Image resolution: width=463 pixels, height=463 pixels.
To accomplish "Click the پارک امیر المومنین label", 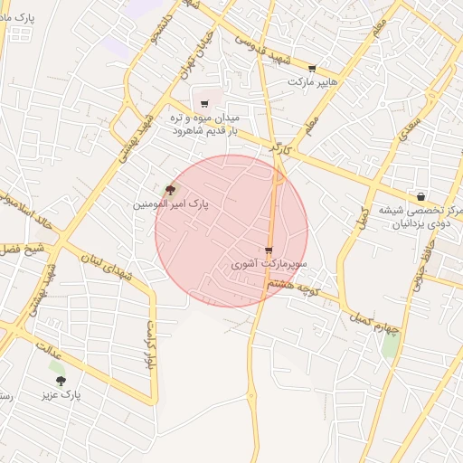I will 171,204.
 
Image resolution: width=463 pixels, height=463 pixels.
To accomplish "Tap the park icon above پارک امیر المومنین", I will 171,189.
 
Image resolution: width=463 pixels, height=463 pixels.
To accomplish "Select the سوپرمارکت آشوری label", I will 269,265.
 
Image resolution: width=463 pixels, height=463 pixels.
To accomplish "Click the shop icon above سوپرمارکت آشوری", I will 269,250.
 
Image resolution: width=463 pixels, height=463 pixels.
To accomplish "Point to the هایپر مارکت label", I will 312,81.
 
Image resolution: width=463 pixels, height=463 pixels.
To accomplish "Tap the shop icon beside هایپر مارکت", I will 312,68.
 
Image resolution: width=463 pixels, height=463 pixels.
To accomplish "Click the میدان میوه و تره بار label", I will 205,124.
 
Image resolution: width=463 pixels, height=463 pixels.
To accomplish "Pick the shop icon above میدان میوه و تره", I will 205,103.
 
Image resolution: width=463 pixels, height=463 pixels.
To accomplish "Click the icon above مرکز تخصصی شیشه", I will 420,196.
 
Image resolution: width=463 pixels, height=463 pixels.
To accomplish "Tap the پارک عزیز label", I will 61,395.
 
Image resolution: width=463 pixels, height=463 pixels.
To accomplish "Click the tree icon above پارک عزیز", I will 61,380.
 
